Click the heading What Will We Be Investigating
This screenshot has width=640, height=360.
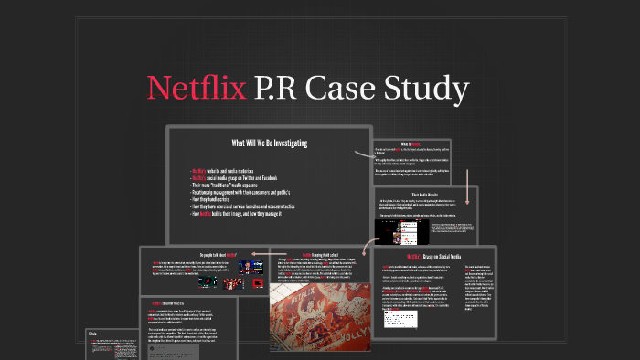(x=269, y=143)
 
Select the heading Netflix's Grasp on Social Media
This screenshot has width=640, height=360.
(x=438, y=258)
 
